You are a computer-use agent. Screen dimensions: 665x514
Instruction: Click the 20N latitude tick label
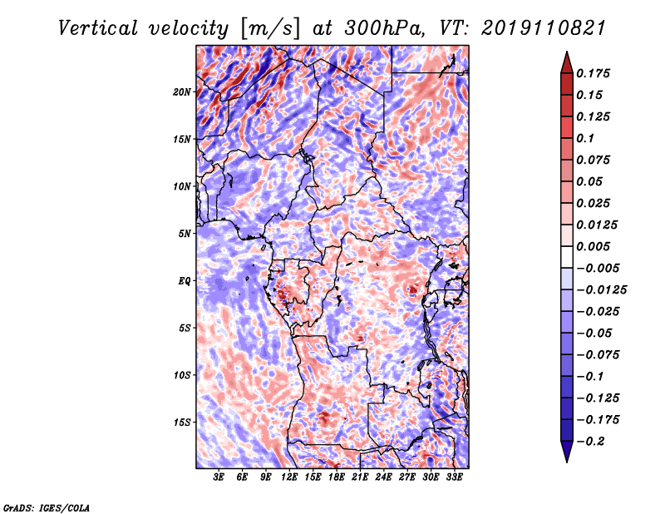182,91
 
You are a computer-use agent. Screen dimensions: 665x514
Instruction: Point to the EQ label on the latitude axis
184,280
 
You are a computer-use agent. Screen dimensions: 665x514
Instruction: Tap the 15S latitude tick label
182,422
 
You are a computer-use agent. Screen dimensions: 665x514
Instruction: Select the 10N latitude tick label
182,186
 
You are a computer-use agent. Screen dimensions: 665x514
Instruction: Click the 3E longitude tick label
219,477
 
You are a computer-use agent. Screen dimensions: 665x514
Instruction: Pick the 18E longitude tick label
337,477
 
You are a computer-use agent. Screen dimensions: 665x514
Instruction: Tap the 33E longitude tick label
454,477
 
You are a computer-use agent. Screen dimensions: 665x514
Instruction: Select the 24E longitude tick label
383,477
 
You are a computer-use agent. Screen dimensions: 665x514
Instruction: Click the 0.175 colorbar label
593,73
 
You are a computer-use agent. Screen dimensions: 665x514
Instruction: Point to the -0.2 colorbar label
591,441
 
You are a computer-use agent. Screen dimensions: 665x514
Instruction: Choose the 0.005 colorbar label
593,246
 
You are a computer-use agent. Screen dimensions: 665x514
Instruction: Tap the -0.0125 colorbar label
602,289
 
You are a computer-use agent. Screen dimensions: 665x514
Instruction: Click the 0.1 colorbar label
585,138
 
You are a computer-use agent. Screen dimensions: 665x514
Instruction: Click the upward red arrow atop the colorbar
567,63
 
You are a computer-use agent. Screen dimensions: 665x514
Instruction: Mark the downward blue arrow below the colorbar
567,452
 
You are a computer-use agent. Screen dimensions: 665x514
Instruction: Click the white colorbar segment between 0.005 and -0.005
567,257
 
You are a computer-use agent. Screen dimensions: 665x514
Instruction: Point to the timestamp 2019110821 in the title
544,28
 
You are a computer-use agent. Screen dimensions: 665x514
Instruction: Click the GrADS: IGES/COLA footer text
47,507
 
